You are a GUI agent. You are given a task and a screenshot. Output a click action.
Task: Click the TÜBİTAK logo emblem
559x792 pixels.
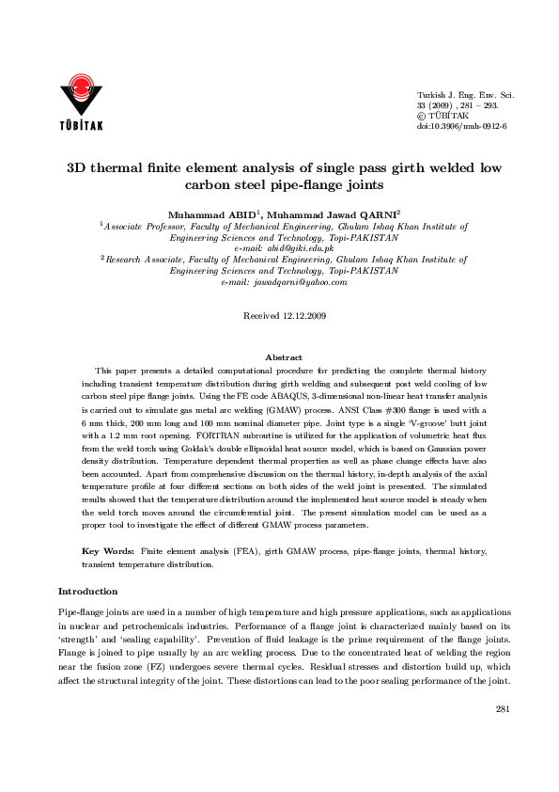(x=83, y=93)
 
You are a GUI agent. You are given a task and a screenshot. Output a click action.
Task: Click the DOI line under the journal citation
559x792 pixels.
(x=461, y=125)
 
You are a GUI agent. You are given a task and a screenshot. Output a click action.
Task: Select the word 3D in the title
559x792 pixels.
(x=77, y=169)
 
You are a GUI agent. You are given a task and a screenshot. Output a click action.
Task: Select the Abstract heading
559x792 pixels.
(x=284, y=358)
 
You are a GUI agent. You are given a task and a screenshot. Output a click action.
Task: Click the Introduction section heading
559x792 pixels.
(x=88, y=591)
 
